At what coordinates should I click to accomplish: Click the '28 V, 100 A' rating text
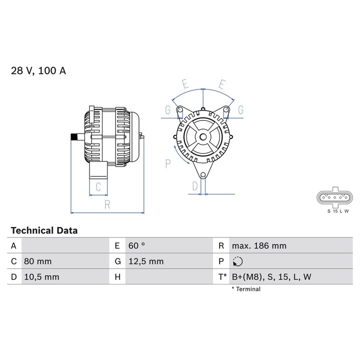point(38,71)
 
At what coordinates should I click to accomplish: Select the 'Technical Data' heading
point(44,230)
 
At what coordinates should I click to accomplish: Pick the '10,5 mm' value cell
point(42,276)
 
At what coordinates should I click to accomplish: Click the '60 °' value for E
point(137,245)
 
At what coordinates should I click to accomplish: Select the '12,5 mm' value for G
point(146,261)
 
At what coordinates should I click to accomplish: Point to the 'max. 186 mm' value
point(259,245)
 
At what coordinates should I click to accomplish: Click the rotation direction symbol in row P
point(237,261)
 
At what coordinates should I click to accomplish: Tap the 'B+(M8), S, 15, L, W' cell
point(271,276)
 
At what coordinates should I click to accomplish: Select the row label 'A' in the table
point(13,245)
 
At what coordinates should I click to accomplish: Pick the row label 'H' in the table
point(117,276)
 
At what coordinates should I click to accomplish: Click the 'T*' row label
point(222,276)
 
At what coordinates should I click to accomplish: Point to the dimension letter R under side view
point(107,204)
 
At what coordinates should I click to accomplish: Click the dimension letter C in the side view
point(98,187)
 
